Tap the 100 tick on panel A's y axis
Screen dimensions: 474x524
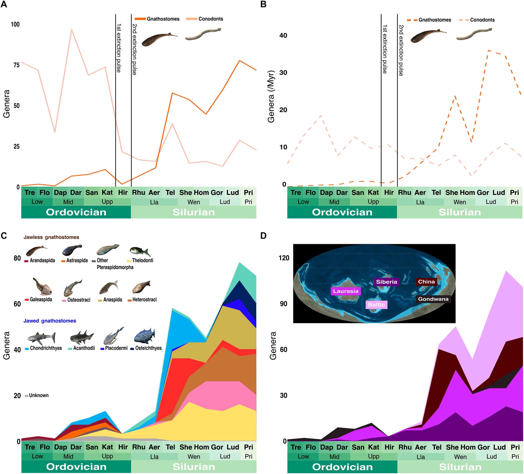click(15, 24)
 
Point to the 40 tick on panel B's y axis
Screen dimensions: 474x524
click(283, 36)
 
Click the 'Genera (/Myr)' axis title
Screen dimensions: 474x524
click(271, 96)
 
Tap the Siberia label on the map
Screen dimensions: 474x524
click(386, 282)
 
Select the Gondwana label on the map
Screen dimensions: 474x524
click(433, 299)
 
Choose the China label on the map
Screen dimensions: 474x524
click(426, 281)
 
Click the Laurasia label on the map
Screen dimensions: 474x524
click(346, 291)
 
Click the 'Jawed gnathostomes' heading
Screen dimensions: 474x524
click(50, 321)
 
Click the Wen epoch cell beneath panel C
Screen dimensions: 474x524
click(194, 456)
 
